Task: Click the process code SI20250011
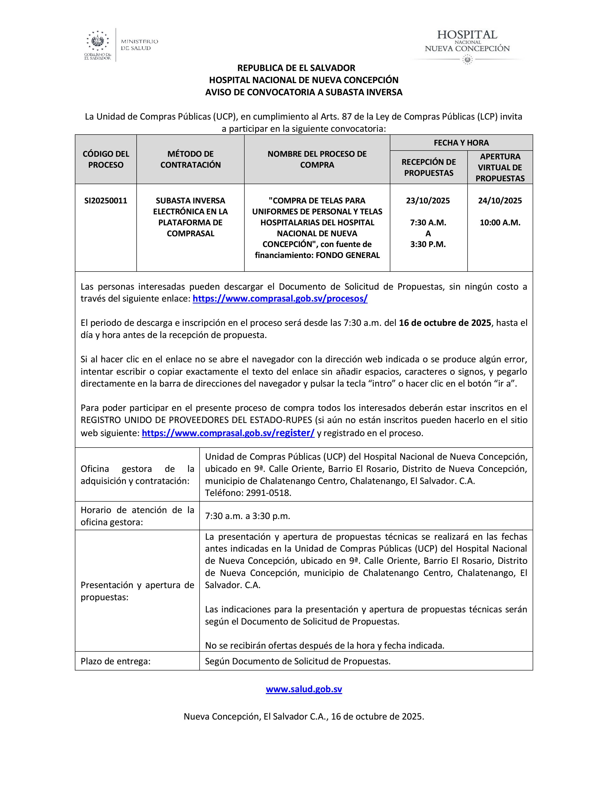106,201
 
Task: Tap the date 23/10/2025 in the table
428,201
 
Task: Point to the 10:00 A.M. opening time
500,222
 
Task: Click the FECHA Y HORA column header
461,142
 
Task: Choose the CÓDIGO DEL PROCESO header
106,159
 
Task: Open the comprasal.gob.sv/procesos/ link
280,299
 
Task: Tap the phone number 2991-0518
268,493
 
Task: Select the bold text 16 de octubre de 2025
445,323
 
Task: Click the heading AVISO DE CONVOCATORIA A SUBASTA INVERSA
304,92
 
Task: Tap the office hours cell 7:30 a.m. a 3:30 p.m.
247,516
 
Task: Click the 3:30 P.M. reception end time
428,244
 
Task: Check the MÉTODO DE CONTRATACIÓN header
190,159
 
